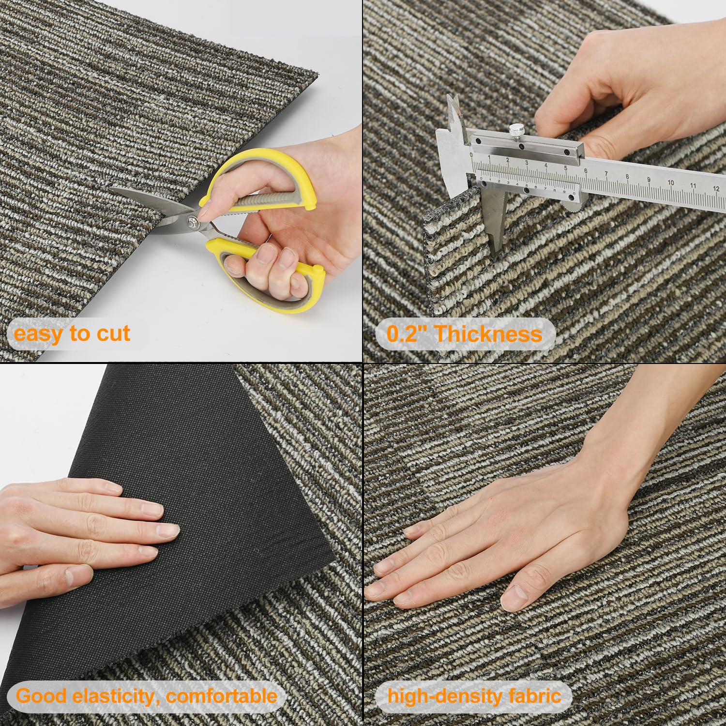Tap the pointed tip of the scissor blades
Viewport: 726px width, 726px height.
tap(109, 189)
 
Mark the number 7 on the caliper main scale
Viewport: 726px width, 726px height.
tap(606, 174)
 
